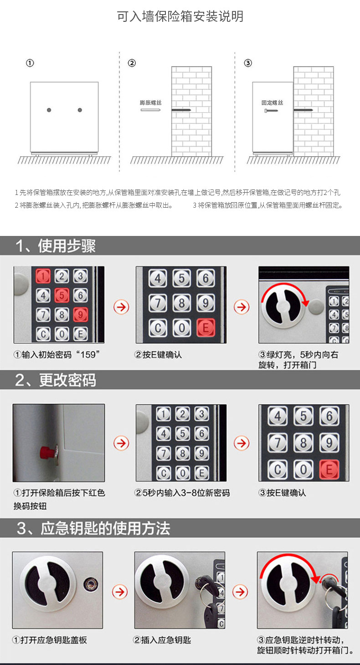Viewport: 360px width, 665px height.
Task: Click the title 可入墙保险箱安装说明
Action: coord(180,16)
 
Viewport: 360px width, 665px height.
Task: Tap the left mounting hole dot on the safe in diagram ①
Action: coord(49,110)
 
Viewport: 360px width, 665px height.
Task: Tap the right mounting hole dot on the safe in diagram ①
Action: coord(80,110)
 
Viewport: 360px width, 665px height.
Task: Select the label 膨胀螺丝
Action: coord(150,103)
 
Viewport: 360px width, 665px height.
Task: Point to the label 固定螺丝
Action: coord(272,103)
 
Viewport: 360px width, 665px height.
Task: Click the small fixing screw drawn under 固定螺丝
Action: coord(271,111)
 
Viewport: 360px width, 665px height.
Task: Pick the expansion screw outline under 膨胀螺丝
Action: coord(150,110)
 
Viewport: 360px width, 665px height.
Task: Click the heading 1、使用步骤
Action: coord(56,246)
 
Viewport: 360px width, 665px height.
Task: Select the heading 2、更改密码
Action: coord(56,380)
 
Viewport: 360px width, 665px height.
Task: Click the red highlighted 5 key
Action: coord(62,296)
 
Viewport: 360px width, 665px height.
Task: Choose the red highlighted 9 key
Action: coord(80,315)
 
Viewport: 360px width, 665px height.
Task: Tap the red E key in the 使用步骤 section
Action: coord(206,328)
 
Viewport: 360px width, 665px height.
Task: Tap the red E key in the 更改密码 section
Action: coord(329,470)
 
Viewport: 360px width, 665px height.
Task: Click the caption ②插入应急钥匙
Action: coord(162,640)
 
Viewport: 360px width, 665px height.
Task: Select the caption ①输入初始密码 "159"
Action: coord(57,354)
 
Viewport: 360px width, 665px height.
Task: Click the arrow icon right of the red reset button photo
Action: coord(121,443)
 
